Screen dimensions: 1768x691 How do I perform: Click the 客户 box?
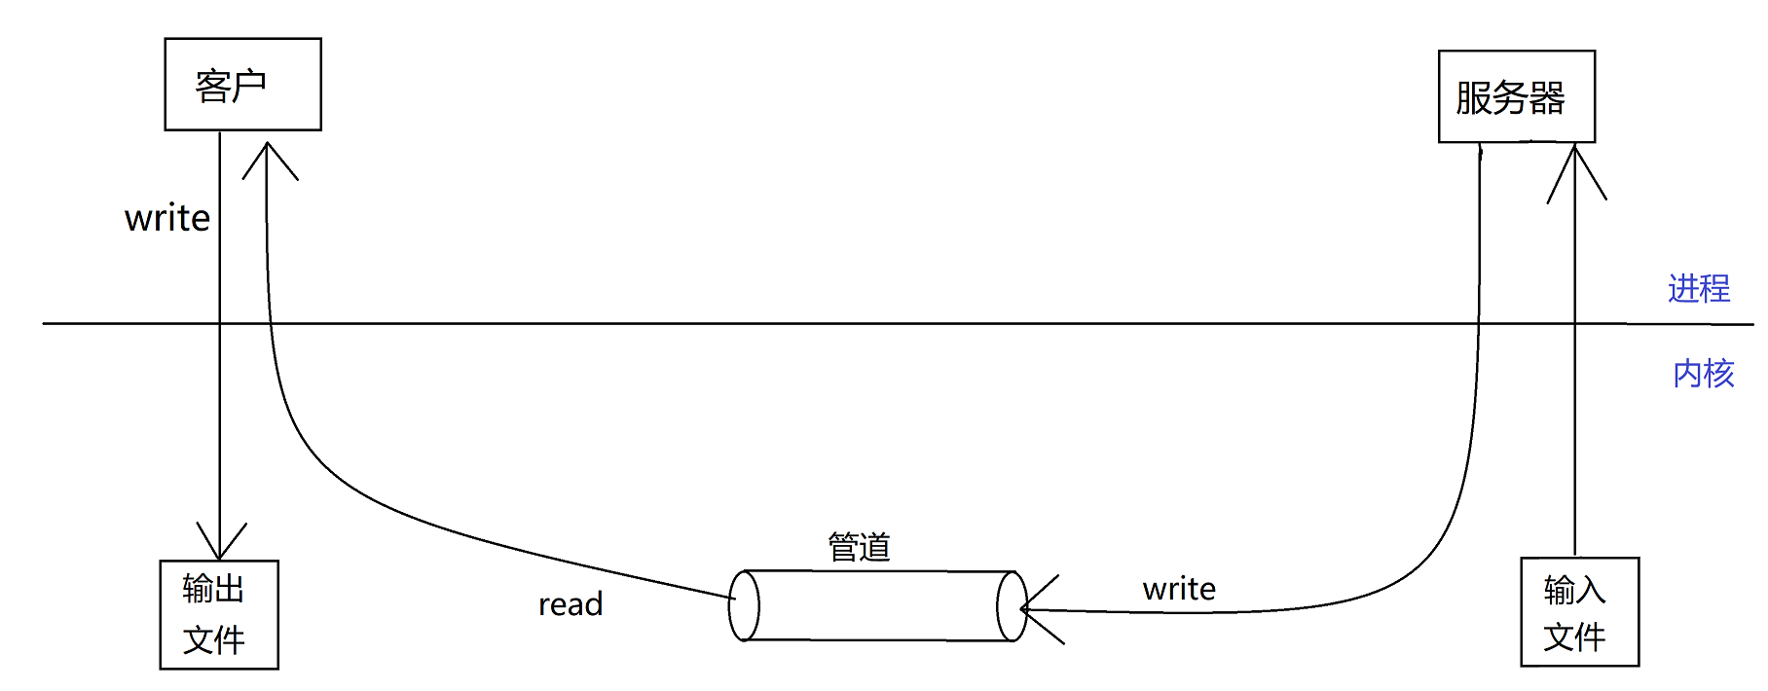pos(242,85)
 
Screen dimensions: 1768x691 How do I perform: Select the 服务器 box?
pos(1516,96)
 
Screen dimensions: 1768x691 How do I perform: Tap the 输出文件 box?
pos(219,614)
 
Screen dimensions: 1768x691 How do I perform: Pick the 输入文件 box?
pos(1579,611)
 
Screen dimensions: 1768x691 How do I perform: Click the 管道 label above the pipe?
pos(859,547)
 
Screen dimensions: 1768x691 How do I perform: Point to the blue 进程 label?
pos(1698,288)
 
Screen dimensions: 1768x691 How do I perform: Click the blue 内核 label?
pos(1703,374)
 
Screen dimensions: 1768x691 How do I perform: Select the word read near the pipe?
pos(571,604)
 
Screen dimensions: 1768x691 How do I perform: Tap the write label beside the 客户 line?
pos(167,218)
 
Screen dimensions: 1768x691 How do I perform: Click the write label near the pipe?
pos(1179,589)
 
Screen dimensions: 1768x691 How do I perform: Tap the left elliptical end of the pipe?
pos(744,605)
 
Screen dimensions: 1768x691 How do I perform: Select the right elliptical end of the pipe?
pos(1012,606)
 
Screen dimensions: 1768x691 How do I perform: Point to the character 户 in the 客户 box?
pos(249,86)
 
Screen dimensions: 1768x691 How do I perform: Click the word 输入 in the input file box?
pos(1573,590)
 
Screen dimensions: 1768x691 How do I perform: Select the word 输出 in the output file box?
pos(213,589)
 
